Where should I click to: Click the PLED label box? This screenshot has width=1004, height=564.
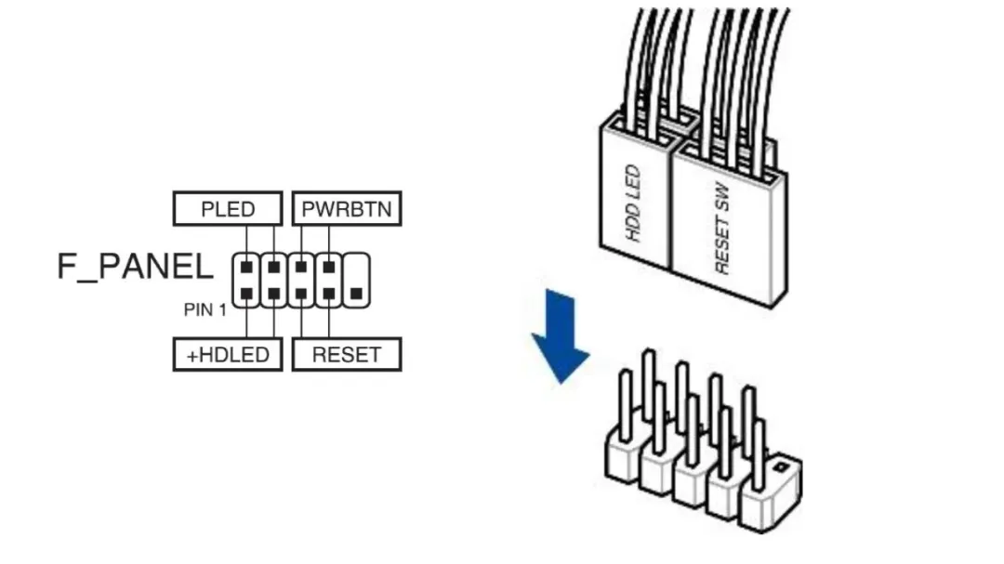click(x=228, y=209)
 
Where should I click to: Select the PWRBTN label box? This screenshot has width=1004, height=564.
click(x=347, y=209)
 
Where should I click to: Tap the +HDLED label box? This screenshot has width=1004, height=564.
click(x=228, y=355)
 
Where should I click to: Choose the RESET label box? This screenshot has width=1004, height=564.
click(x=347, y=355)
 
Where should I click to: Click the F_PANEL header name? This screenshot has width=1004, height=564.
click(x=135, y=267)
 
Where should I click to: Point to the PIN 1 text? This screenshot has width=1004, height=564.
click(x=205, y=309)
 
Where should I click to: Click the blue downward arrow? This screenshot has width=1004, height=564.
click(x=561, y=336)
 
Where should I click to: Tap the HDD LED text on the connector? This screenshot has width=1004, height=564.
click(x=633, y=203)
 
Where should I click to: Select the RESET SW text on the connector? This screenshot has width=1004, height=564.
click(x=721, y=228)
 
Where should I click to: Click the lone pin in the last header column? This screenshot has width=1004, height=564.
click(x=357, y=294)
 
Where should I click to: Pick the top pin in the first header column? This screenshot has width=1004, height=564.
click(x=246, y=267)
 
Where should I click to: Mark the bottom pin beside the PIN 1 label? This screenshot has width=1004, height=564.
click(x=246, y=294)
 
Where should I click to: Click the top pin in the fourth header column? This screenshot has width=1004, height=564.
click(x=329, y=267)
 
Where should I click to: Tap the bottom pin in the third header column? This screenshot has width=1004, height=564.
click(x=301, y=294)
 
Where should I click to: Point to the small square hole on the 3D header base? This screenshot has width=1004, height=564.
click(x=780, y=467)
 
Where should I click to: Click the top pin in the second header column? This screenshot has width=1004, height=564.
click(x=274, y=267)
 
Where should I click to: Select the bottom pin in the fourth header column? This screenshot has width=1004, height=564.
click(x=329, y=294)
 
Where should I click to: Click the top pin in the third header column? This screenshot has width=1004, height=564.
click(x=301, y=267)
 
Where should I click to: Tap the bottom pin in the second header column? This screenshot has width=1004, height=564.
click(x=274, y=294)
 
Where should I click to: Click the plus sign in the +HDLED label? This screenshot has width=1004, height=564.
click(x=192, y=356)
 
